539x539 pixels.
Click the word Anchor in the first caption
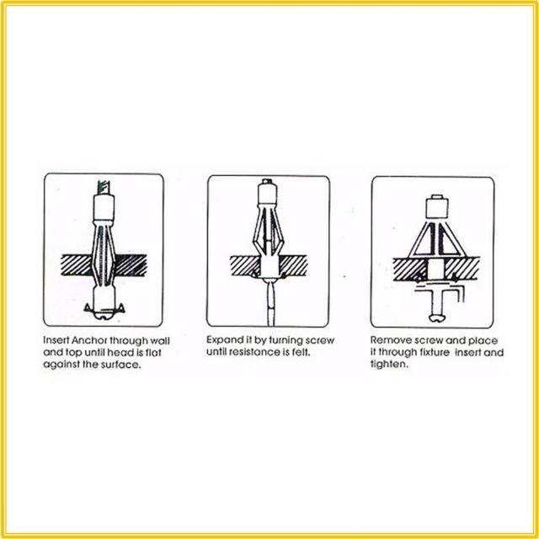click(x=89, y=340)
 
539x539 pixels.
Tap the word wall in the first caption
click(x=159, y=340)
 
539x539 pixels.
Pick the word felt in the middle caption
click(x=302, y=352)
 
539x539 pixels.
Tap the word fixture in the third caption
click(x=435, y=352)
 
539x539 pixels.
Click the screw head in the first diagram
click(x=104, y=316)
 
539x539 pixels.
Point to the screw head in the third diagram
click(x=436, y=318)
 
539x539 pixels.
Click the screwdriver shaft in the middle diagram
click(x=271, y=302)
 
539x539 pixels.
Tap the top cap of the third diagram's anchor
click(x=436, y=208)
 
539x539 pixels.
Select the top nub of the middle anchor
click(x=267, y=181)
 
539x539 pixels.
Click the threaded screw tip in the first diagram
click(x=104, y=188)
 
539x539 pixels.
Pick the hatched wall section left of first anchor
click(x=77, y=264)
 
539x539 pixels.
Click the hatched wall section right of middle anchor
click(x=293, y=265)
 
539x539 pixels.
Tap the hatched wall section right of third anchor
click(x=462, y=269)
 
